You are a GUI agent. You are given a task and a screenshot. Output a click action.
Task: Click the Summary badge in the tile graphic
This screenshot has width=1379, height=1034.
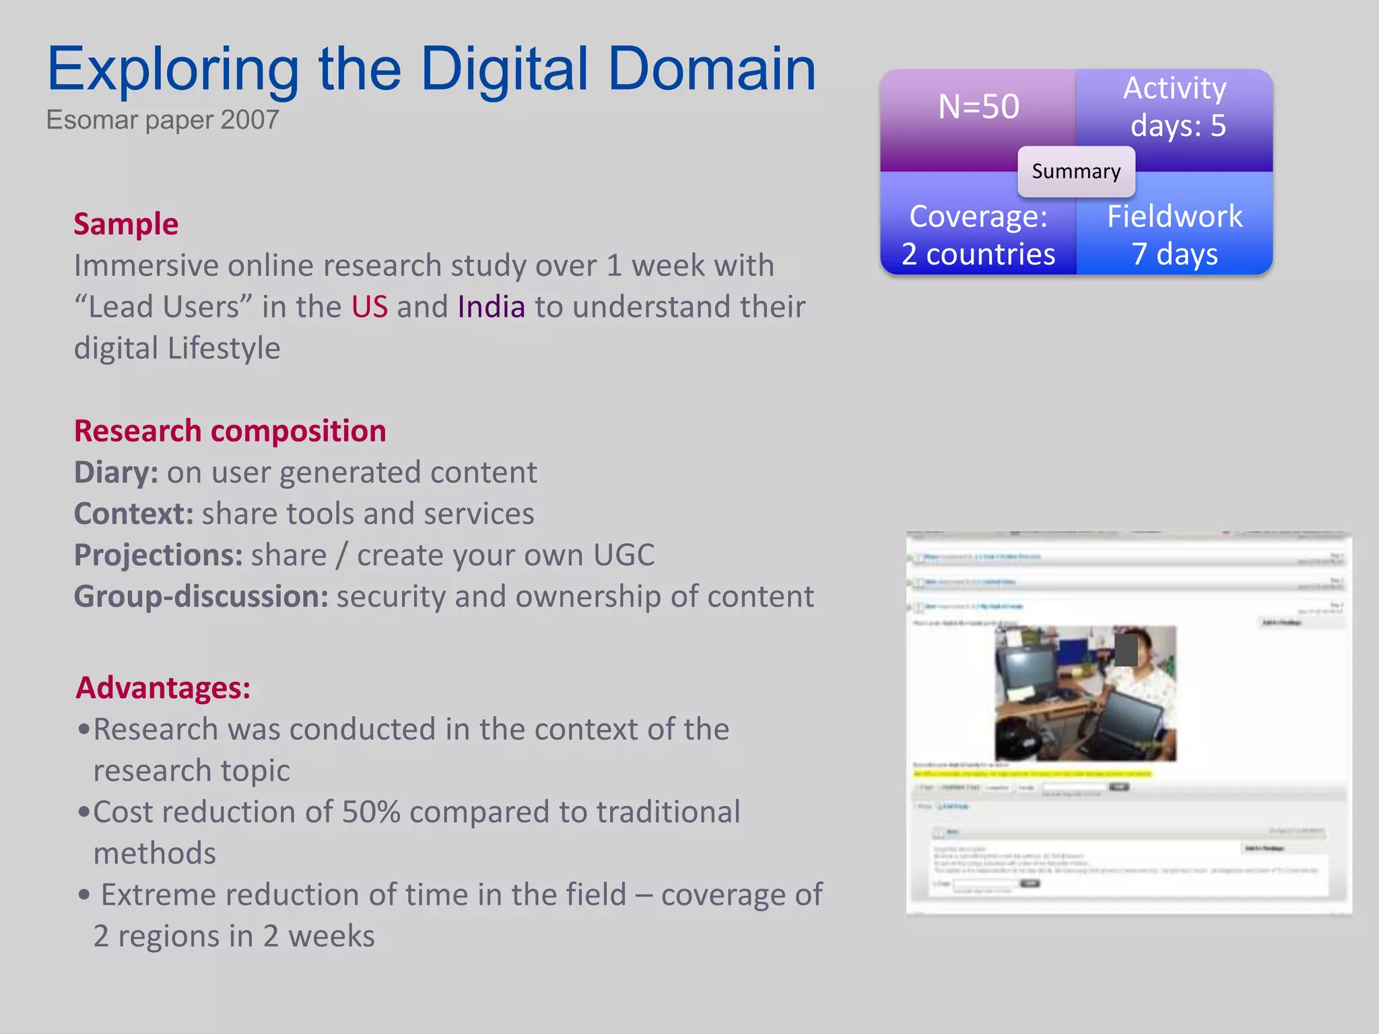(1075, 172)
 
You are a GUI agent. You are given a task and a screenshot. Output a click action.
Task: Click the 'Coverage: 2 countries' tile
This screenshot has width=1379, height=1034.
(978, 235)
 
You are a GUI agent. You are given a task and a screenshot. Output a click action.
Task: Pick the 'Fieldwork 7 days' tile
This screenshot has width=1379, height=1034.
(1175, 235)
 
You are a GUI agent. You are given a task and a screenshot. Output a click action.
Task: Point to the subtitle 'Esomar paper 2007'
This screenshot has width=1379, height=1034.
(162, 120)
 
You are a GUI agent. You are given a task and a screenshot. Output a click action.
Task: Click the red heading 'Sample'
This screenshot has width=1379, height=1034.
(126, 224)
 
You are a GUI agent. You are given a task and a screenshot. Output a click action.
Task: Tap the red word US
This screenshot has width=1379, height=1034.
(369, 307)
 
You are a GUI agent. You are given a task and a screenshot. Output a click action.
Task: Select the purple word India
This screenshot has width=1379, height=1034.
(491, 307)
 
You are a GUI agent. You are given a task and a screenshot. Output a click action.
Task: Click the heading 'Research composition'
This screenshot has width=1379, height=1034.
(230, 431)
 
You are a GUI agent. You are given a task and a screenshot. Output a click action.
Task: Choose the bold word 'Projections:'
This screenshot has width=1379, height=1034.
(158, 555)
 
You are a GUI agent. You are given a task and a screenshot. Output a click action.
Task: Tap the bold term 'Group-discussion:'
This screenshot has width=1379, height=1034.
(201, 596)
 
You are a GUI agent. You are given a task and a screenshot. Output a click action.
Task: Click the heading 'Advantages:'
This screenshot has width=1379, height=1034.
(163, 688)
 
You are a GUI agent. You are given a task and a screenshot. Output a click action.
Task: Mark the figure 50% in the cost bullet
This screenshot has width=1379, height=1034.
(371, 812)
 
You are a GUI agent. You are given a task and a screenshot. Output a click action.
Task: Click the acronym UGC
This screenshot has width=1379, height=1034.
(624, 555)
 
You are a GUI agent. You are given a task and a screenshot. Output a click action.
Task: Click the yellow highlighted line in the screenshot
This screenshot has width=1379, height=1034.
(1032, 774)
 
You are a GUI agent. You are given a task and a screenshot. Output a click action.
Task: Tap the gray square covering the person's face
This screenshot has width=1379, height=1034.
(1125, 650)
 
